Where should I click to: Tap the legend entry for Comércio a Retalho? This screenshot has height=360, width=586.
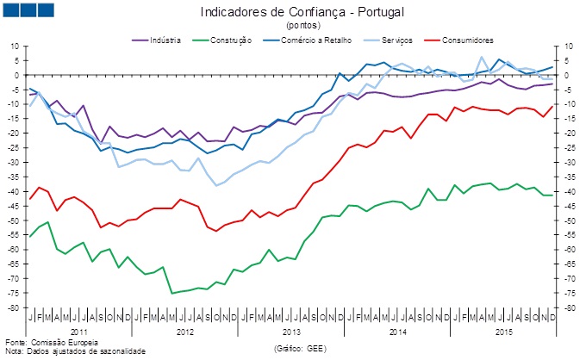click(309, 40)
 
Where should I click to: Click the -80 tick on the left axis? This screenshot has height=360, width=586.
click(14, 307)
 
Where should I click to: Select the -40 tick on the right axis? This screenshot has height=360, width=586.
click(568, 191)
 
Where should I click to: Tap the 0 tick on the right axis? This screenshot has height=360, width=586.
click(564, 75)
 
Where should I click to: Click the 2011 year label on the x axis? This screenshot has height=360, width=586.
click(78, 331)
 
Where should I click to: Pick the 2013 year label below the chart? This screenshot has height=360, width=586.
click(291, 331)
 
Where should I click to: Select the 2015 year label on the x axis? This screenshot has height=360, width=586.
click(503, 331)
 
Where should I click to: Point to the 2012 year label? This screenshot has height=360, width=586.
click(185, 331)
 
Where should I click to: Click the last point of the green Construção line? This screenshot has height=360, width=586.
click(552, 196)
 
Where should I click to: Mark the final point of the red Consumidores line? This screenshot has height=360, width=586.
click(552, 107)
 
